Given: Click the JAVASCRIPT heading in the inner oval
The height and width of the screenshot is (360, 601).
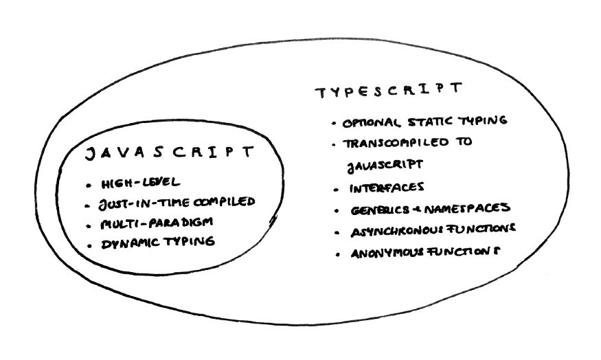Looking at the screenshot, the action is coord(169,153).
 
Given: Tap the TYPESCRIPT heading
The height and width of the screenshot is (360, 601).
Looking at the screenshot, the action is coord(389,91).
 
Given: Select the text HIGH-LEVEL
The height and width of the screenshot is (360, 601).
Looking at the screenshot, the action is coord(140,183).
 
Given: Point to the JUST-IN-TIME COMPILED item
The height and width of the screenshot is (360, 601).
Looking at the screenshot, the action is coord(177,203).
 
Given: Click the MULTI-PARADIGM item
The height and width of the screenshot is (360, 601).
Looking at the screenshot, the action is coord(157,223).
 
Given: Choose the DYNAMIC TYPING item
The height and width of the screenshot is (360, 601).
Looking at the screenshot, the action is coord(158,243).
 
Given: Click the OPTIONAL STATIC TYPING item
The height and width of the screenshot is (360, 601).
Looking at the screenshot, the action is coord(424,122).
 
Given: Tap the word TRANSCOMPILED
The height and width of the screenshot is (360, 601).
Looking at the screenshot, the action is coord(396,143).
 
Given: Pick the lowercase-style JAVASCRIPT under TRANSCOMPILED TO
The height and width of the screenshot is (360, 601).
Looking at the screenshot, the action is coord(385,166).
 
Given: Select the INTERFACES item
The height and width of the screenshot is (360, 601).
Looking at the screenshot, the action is coord(386,188).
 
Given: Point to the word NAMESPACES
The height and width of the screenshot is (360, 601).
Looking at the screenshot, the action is coord(467,208).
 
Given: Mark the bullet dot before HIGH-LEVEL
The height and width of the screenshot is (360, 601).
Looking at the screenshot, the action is coord(89,185).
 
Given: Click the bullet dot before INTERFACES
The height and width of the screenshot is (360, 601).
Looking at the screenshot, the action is coord(337,190).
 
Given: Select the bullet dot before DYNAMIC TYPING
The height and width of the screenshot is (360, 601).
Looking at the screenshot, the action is coord(90,245).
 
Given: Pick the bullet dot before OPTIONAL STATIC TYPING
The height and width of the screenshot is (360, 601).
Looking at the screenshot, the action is coord(334,124).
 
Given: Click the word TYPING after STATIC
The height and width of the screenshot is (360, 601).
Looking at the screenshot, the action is coord(483,120).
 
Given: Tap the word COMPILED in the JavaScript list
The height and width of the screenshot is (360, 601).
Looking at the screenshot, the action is coord(224,202).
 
